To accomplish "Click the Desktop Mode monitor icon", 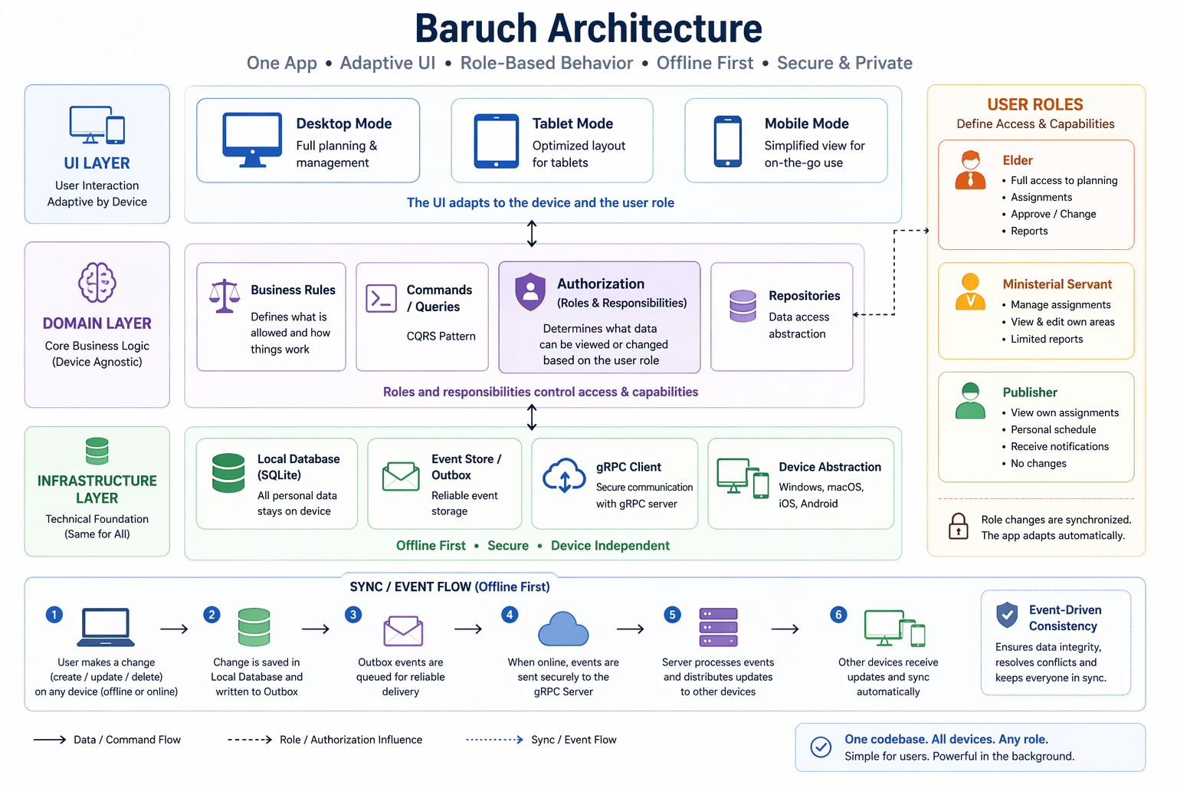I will (x=252, y=139).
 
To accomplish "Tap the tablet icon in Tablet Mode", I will (x=496, y=141).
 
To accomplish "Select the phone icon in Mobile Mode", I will (x=727, y=141).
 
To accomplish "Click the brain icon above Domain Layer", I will (x=97, y=282).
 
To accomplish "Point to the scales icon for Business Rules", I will (x=225, y=296).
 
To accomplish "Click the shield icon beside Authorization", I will (x=530, y=291).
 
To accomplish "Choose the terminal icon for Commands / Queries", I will (x=381, y=298).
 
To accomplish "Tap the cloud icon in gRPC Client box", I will (x=564, y=475).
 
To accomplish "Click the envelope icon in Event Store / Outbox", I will (x=401, y=476).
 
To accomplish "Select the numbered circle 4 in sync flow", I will (x=510, y=615).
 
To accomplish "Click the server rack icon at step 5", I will (x=718, y=628).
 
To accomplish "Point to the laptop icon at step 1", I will (x=107, y=628).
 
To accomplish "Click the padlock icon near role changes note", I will (x=959, y=527).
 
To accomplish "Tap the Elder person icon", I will (x=971, y=170).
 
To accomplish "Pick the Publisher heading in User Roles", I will (x=1029, y=392).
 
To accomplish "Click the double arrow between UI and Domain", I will (x=532, y=234).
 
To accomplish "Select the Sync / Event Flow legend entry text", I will (x=573, y=740).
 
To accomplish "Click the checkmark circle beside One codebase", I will (x=821, y=747).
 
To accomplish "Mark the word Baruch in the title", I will (x=475, y=28).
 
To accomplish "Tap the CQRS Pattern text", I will (x=441, y=337).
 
